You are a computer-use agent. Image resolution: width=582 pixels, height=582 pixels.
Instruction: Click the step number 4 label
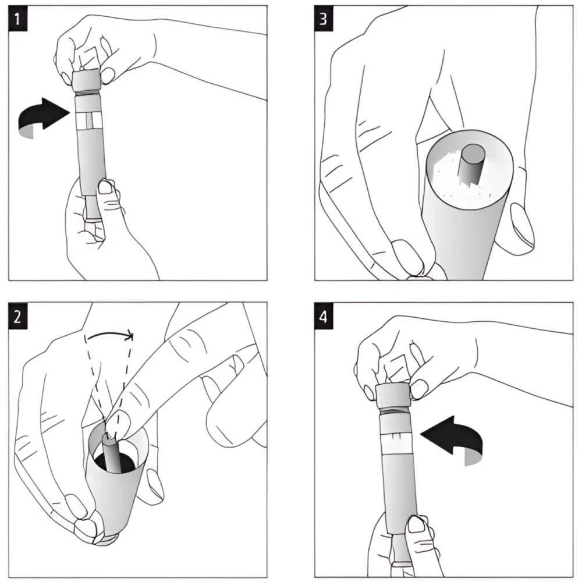click(324, 317)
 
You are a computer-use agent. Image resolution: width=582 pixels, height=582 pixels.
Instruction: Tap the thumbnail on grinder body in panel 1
click(106, 187)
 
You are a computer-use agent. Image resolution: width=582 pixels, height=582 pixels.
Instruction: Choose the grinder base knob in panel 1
click(91, 210)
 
